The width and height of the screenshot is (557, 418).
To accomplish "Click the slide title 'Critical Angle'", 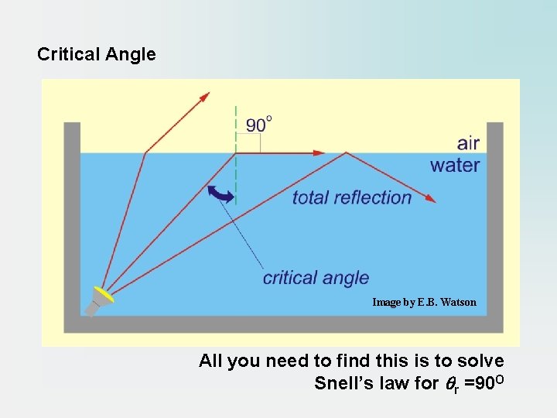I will click(x=97, y=55).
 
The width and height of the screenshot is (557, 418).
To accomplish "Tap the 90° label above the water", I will click(x=259, y=125).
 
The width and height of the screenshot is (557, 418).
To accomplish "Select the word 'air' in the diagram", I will click(x=468, y=143).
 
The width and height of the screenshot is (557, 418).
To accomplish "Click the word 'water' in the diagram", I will click(x=455, y=165).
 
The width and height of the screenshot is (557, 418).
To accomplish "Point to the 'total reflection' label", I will click(x=352, y=197).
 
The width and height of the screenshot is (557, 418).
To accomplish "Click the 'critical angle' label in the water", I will click(x=316, y=277).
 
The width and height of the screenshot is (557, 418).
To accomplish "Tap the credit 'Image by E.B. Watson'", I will click(x=424, y=302).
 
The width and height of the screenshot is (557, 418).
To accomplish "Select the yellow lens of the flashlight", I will click(x=104, y=295).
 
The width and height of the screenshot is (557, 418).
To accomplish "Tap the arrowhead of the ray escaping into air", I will click(x=205, y=96).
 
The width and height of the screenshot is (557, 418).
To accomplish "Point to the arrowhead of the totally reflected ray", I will click(x=432, y=200).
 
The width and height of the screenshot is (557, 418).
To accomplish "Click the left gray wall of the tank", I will click(x=72, y=217).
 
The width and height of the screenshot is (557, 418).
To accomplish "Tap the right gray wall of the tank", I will click(x=495, y=217).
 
